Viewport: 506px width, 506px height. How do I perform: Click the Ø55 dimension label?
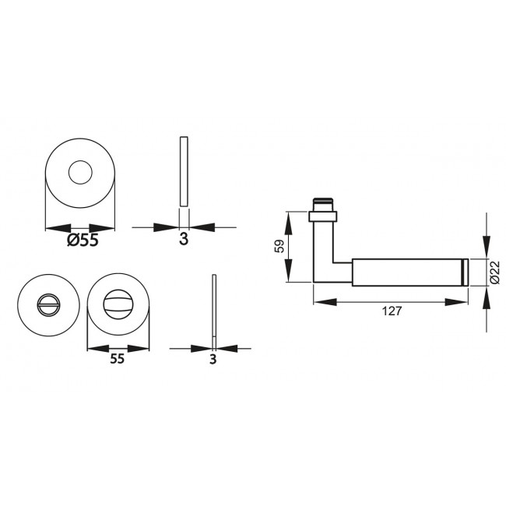coord(82,241)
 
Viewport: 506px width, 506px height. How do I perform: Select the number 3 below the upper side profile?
coord(184,240)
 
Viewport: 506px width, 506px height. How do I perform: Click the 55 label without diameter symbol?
coord(117,359)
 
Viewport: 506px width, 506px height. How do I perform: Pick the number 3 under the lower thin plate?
coord(213,360)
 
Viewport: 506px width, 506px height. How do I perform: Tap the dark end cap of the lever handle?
coord(465,271)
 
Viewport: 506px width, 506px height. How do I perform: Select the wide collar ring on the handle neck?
coord(324,213)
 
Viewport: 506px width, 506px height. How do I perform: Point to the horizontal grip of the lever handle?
coord(405,271)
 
